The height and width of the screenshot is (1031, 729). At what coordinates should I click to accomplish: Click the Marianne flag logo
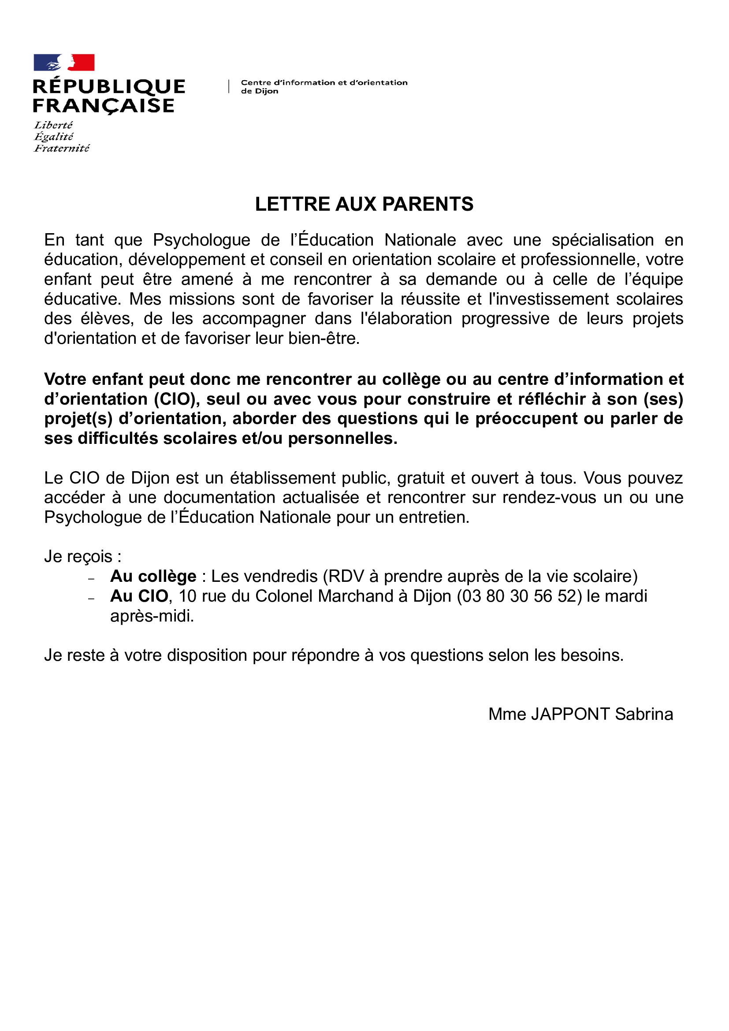(x=64, y=63)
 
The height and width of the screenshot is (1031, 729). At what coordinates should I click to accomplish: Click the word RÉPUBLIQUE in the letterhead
(x=109, y=87)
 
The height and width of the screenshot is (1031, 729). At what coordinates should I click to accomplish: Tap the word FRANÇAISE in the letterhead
(x=104, y=106)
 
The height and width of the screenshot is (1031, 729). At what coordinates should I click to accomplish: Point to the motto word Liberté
(x=53, y=125)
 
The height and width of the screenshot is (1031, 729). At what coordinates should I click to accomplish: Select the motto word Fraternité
(x=62, y=149)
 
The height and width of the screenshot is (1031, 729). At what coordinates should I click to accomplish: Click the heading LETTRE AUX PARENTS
(x=364, y=205)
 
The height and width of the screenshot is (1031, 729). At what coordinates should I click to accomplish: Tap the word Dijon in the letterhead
(x=267, y=91)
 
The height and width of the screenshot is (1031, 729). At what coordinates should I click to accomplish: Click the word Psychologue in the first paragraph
(x=201, y=240)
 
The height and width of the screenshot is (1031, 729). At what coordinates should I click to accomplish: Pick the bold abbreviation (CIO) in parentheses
(x=177, y=399)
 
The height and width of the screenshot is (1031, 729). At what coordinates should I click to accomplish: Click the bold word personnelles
(x=342, y=439)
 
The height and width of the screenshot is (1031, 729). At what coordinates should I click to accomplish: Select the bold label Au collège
(x=153, y=577)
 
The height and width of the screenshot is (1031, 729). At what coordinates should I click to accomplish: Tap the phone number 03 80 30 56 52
(x=519, y=596)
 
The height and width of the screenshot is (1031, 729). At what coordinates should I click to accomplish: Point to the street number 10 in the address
(x=188, y=596)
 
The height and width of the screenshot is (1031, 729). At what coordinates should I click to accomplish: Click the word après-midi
(x=152, y=616)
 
